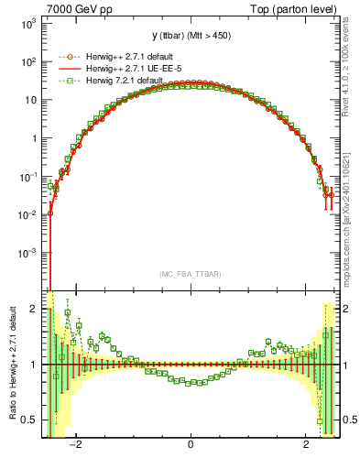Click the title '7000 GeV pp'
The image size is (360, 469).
75,8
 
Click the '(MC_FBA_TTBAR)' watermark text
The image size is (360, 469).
190,273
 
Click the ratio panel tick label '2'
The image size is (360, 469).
34,309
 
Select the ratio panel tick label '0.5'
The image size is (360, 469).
29,420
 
